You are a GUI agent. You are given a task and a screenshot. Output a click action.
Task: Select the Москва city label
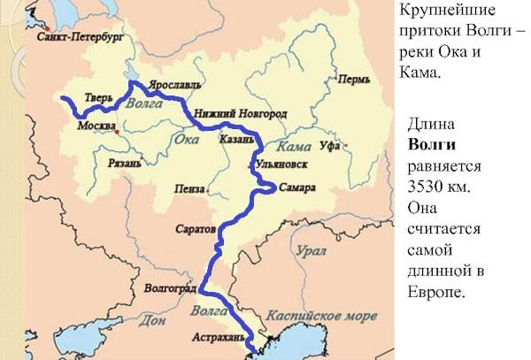pyautogui.click(x=97, y=126)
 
